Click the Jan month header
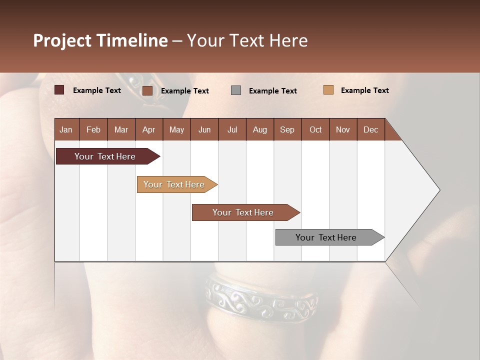66,129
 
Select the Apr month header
149,129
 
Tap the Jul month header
232,129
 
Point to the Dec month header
370,129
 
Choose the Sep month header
287,129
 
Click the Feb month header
93,129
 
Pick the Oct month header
315,129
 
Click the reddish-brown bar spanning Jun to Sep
243,212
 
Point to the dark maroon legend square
59,90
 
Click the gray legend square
236,90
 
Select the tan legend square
328,90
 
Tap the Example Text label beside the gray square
272,91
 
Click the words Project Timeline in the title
100,40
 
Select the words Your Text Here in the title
247,40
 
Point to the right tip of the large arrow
439,190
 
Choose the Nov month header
343,129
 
